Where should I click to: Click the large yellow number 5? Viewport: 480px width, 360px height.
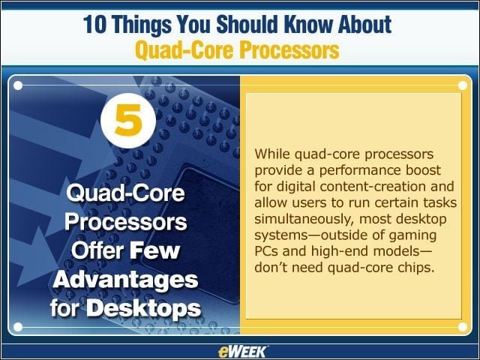pos(128,120)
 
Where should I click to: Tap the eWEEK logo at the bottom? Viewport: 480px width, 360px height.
pos(241,352)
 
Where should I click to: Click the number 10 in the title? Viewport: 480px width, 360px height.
pos(94,24)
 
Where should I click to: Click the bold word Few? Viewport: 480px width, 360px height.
pos(155,250)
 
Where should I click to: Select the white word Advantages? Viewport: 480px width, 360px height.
pos(125,280)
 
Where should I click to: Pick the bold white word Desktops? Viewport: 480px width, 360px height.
pos(143,308)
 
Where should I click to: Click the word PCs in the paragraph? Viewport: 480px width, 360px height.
pos(266,252)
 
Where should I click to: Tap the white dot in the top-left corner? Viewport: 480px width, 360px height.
pos(18,85)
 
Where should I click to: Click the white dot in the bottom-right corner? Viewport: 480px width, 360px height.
pos(463,327)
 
